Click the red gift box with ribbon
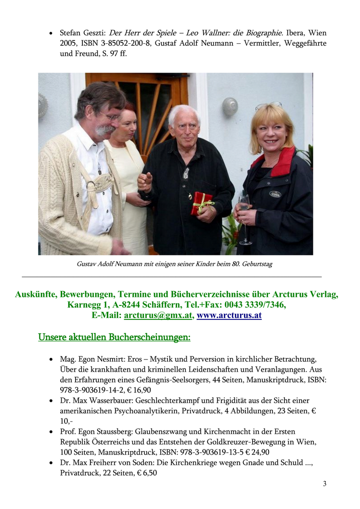pyautogui.click(x=202, y=202)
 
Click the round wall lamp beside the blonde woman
pyautogui.click(x=230, y=106)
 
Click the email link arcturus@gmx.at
pyautogui.click(x=158, y=316)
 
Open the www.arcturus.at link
pyautogui.click(x=229, y=316)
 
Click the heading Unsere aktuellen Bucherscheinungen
pyautogui.click(x=115, y=338)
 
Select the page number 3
pyautogui.click(x=324, y=484)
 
